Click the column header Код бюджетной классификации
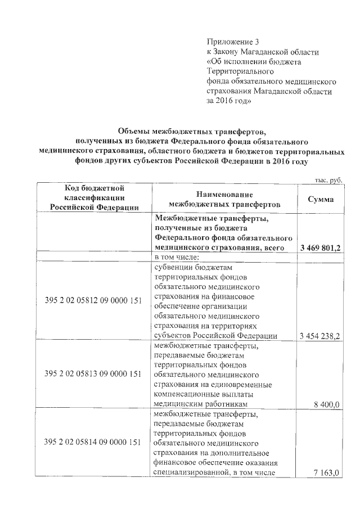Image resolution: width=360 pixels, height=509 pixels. (x=94, y=197)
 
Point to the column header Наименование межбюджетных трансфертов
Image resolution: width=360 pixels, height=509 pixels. (x=224, y=199)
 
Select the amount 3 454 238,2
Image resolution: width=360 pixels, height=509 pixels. (x=321, y=336)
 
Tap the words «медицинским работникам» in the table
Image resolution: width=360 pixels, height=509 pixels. (x=201, y=404)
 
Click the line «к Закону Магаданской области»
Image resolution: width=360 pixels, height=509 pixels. (x=263, y=52)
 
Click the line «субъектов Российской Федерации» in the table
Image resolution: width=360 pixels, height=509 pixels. (x=215, y=336)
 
